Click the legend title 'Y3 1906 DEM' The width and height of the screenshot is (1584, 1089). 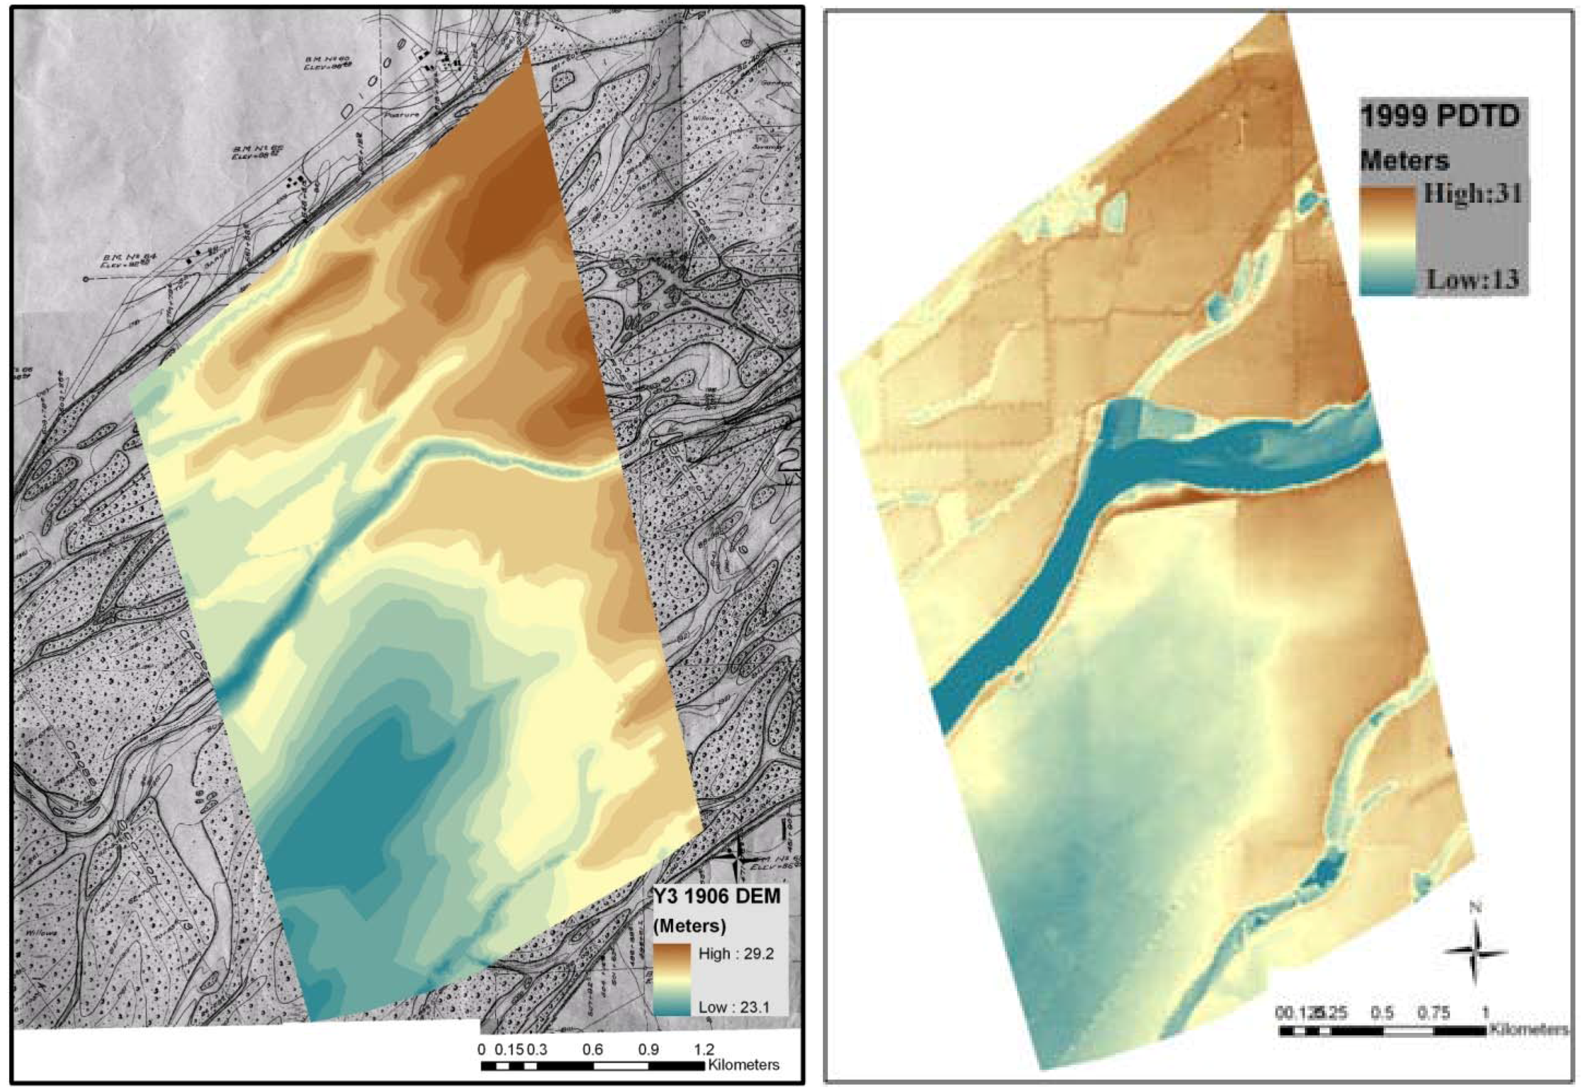716,896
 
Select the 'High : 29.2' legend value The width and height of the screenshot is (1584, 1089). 736,953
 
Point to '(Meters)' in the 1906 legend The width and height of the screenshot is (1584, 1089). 689,925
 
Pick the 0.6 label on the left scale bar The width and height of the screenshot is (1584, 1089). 593,1049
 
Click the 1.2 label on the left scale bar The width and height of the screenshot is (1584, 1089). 704,1049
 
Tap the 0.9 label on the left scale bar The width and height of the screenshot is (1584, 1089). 648,1049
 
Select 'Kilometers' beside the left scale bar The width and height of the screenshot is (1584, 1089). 744,1064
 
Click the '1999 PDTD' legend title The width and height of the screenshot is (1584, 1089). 1440,117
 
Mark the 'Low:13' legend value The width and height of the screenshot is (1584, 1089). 1473,279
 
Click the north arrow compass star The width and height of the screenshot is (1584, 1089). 1475,953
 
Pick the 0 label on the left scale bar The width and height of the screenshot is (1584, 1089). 482,1049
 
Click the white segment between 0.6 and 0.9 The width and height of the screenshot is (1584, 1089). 620,1065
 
